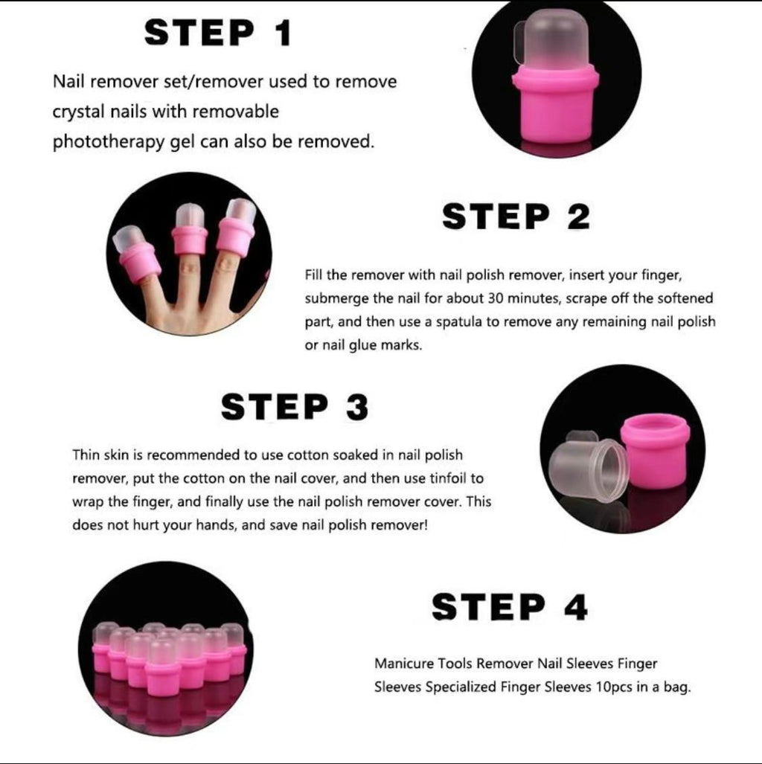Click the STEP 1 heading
click(218, 33)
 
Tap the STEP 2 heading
click(516, 216)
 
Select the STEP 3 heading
click(295, 407)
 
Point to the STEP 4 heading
click(510, 607)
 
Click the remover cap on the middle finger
click(190, 229)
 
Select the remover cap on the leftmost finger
click(135, 254)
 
